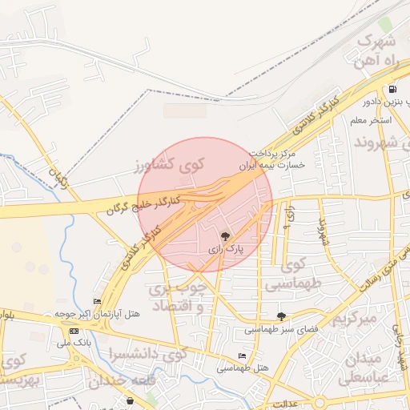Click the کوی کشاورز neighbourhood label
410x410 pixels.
(170, 164)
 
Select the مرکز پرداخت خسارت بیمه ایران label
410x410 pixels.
(272, 158)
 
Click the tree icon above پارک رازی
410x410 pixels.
(225, 236)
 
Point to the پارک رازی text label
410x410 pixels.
(225, 250)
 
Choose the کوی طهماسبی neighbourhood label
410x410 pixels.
(294, 273)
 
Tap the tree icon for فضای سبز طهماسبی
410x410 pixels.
(280, 316)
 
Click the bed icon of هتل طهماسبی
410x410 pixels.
(242, 356)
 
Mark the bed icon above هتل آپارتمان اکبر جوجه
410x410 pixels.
(98, 302)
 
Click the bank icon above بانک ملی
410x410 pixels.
(74, 331)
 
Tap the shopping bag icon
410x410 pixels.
(131, 400)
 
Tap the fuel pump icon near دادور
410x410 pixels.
(392, 90)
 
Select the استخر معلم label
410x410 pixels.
(369, 120)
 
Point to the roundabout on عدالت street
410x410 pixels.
(320, 402)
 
